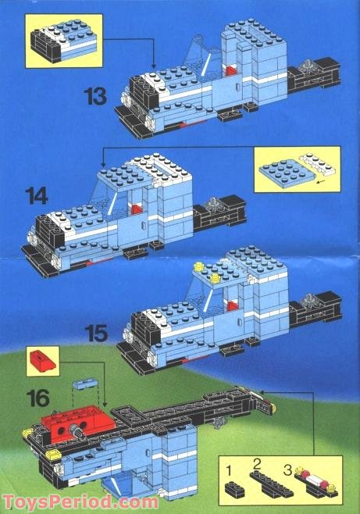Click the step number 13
95,96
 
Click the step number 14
37,196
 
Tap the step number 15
96,334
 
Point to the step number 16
38,398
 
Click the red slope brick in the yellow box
42,361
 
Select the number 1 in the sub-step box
229,471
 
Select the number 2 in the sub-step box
257,465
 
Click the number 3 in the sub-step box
287,470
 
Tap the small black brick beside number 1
234,489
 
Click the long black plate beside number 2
271,484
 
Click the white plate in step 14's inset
317,163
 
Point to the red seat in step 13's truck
230,70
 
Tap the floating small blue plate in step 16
85,384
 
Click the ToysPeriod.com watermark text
80,502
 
